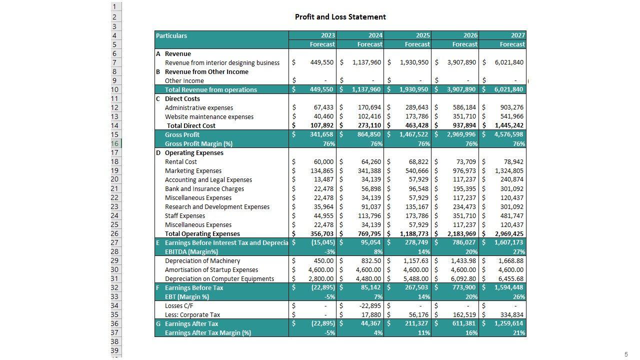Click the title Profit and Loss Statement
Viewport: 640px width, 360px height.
pyautogui.click(x=340, y=17)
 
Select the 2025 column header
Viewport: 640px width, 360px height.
pyautogui.click(x=422, y=35)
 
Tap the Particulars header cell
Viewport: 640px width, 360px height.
pyautogui.click(x=171, y=35)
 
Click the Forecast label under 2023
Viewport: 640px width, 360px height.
pyautogui.click(x=322, y=44)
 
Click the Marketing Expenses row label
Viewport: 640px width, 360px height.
pyautogui.click(x=193, y=171)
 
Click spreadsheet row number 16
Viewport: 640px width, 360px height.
pyautogui.click(x=115, y=143)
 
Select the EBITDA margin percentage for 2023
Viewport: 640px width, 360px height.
pyautogui.click(x=329, y=252)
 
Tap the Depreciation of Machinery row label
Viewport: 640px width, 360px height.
pyautogui.click(x=202, y=261)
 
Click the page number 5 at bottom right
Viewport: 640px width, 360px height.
pyautogui.click(x=626, y=354)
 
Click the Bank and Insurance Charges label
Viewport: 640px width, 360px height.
pyautogui.click(x=204, y=189)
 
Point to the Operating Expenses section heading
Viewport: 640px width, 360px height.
pyautogui.click(x=194, y=153)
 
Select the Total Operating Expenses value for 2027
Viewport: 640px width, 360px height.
pyautogui.click(x=509, y=234)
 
